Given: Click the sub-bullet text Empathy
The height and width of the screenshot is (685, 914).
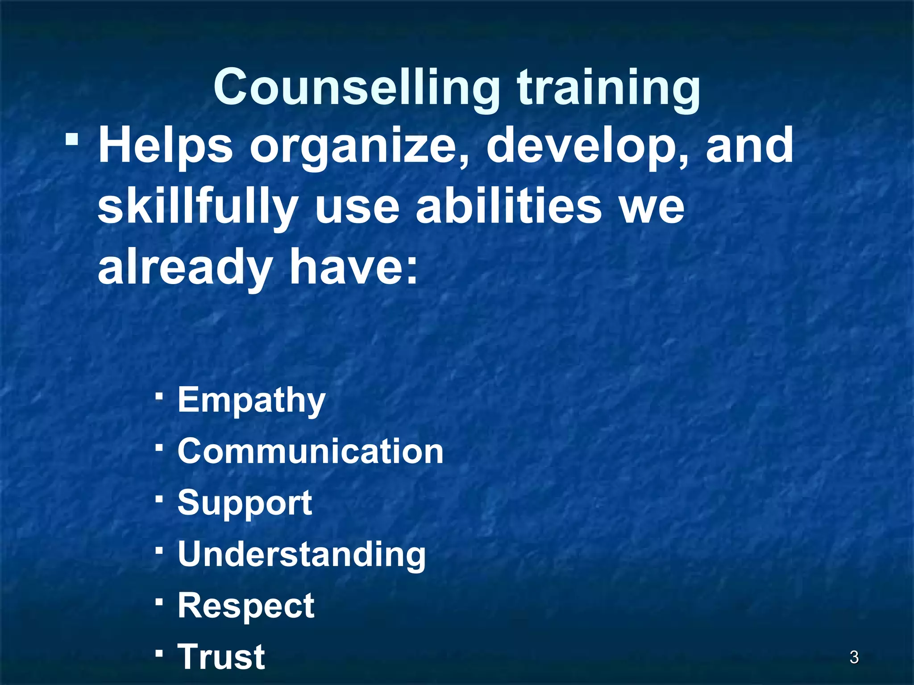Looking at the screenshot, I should tap(252, 400).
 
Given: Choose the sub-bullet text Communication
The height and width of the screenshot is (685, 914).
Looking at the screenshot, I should tap(311, 451).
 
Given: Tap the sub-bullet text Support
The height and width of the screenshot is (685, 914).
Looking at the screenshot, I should tap(245, 503).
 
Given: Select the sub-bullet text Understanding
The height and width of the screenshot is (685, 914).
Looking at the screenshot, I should tap(302, 554).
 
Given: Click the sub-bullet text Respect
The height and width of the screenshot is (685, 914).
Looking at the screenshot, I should tap(246, 606).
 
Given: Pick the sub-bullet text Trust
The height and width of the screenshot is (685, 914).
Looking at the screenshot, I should tap(221, 656).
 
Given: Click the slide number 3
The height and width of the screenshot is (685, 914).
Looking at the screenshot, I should tap(854, 657).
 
